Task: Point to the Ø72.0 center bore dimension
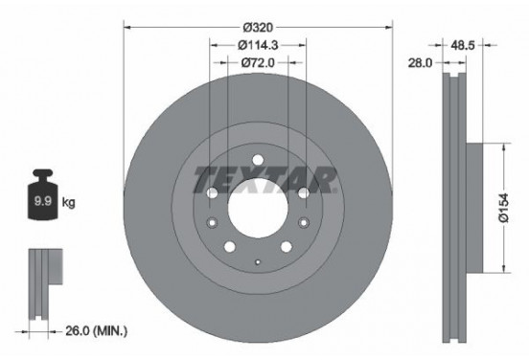click(258, 62)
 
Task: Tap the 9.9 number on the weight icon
click(43, 203)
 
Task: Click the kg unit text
click(68, 203)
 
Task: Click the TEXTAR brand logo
click(264, 178)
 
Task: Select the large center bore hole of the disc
click(257, 209)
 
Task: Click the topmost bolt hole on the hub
click(257, 160)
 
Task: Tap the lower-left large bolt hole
click(228, 248)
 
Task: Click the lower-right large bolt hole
click(287, 248)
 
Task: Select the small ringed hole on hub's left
click(212, 224)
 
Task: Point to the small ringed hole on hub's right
click(304, 224)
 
